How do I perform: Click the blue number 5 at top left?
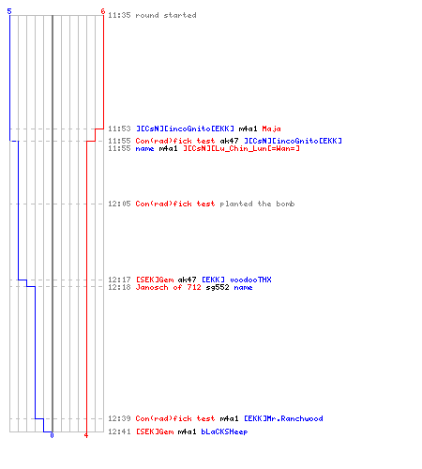9,11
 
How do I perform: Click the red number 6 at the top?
103,11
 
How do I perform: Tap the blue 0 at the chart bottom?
52,435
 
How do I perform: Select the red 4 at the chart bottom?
86,435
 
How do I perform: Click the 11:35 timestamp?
119,15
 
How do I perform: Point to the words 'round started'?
166,15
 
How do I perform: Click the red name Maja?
271,129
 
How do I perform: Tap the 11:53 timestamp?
119,129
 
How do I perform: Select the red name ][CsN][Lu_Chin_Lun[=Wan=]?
241,148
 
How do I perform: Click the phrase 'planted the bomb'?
257,204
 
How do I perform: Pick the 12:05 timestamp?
119,204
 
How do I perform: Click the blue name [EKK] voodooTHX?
236,280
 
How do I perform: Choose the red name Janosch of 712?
168,288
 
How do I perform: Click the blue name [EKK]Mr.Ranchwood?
283,418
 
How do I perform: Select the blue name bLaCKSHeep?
224,431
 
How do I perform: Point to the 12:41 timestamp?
119,431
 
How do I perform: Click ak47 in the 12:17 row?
187,280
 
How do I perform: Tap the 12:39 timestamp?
119,418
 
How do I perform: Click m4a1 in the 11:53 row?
248,129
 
